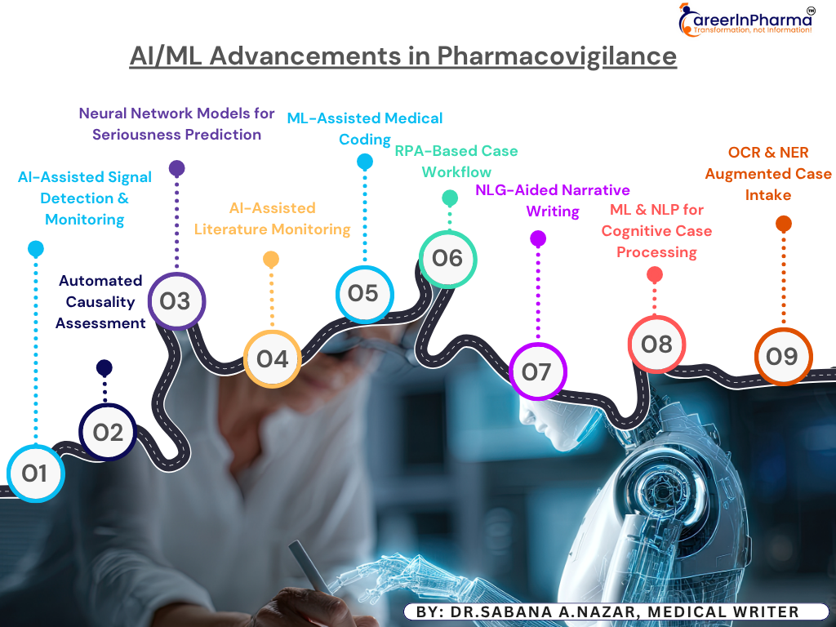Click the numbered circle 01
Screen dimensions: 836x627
click(x=36, y=473)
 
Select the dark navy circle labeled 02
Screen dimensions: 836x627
click(x=108, y=432)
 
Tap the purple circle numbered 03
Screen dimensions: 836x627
click(x=176, y=301)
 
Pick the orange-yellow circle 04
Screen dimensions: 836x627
click(x=272, y=359)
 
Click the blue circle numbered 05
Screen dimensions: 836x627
click(x=365, y=294)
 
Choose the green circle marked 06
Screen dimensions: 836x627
click(x=448, y=259)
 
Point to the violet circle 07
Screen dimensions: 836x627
click(x=537, y=371)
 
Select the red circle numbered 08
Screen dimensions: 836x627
click(x=656, y=345)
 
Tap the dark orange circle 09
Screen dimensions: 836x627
click(x=783, y=356)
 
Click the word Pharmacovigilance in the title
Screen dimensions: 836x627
click(x=557, y=56)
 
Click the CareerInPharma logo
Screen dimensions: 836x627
click(x=746, y=20)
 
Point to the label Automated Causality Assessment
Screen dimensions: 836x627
click(x=100, y=302)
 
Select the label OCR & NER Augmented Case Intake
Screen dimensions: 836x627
click(x=767, y=174)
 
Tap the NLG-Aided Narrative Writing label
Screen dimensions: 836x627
click(x=553, y=201)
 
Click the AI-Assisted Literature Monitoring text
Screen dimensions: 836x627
click(x=272, y=219)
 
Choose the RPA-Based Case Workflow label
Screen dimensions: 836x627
click(x=456, y=162)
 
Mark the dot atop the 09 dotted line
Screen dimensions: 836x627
click(x=783, y=224)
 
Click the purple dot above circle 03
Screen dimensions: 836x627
click(x=176, y=168)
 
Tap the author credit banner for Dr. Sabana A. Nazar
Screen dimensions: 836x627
click(x=616, y=611)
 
